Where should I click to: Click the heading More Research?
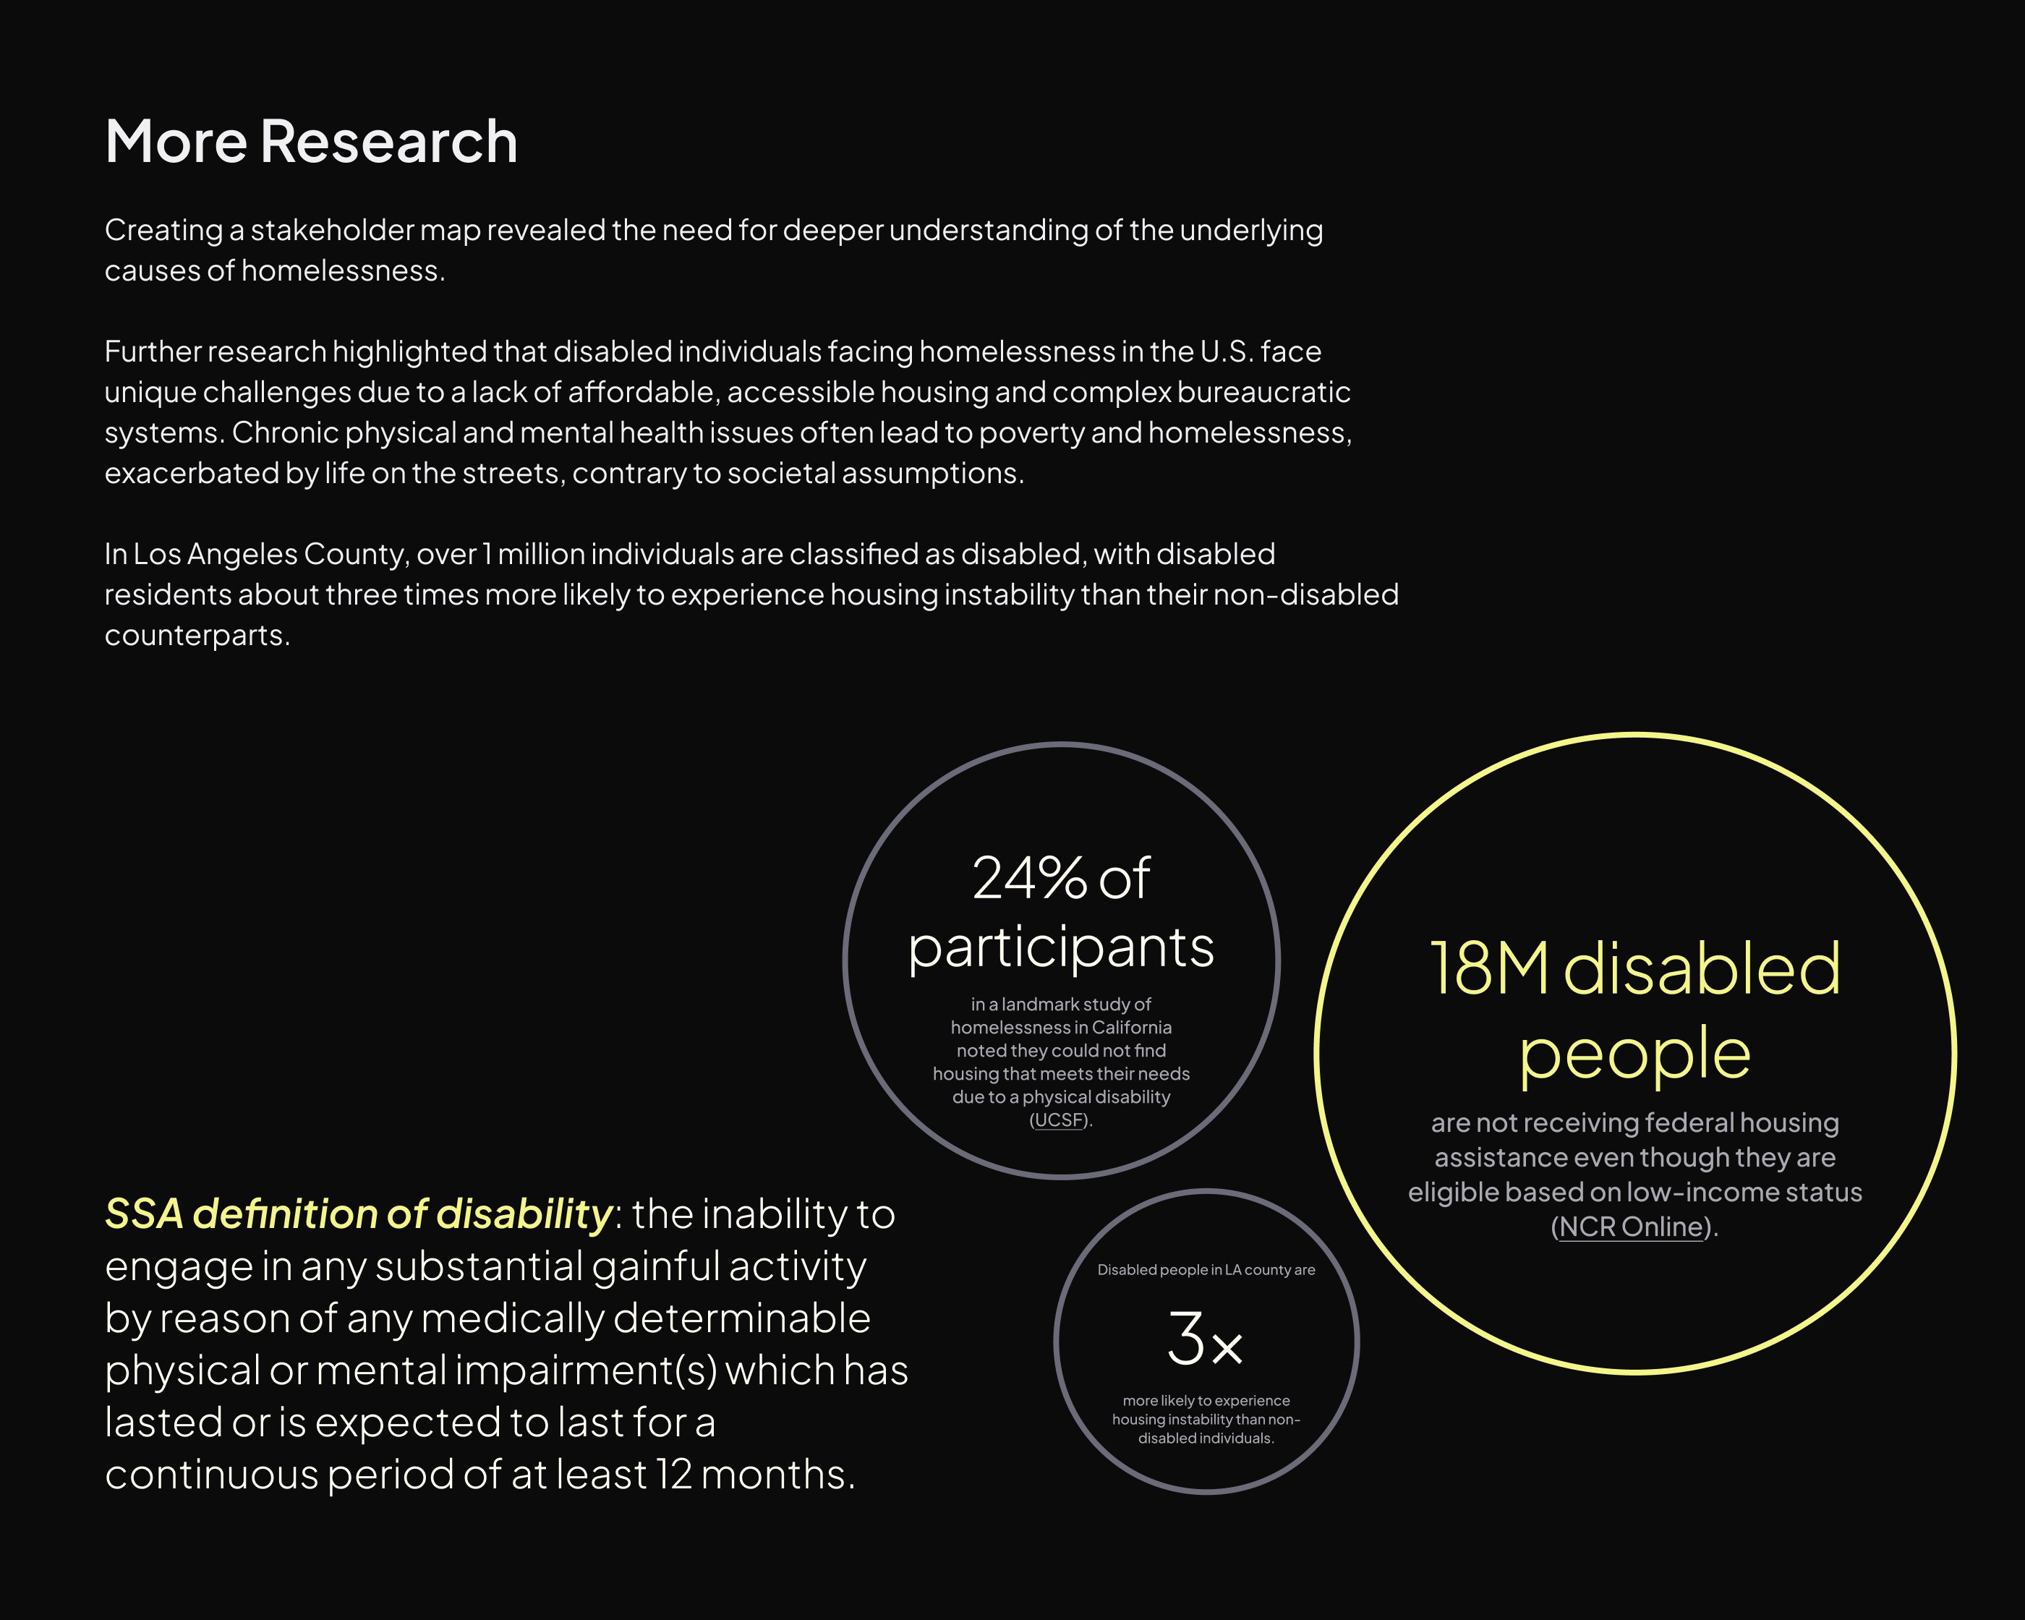click(311, 142)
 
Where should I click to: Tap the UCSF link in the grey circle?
click(1060, 1120)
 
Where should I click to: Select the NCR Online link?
click(1632, 1227)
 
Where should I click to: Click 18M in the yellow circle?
click(1488, 969)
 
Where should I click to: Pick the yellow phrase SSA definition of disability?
click(359, 1214)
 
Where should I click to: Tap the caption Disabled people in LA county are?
click(1206, 1270)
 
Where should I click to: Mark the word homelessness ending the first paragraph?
click(343, 270)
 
